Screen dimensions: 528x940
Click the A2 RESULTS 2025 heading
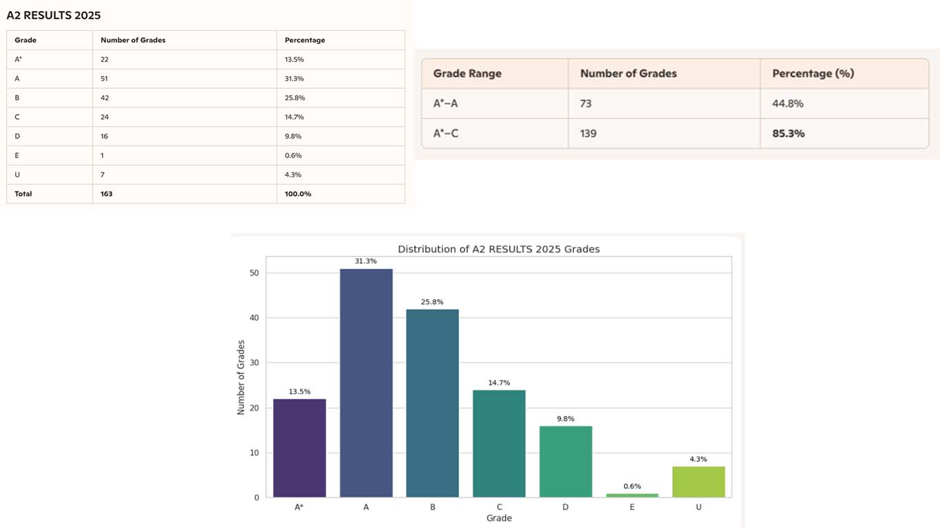tap(54, 15)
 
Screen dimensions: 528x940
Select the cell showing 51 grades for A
tap(105, 78)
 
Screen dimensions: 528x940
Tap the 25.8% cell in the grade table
tap(295, 98)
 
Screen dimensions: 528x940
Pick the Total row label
tap(23, 194)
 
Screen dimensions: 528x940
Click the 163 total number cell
tap(107, 194)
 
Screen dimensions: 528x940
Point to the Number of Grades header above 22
tap(133, 40)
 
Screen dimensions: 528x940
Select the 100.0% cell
tap(298, 194)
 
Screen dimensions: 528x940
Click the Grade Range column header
tap(467, 73)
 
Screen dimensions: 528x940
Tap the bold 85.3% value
tap(788, 133)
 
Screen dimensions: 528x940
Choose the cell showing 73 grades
tap(586, 104)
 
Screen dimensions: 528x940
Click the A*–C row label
tap(446, 133)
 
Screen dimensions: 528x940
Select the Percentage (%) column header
tap(813, 73)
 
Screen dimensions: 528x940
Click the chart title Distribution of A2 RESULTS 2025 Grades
tap(499, 249)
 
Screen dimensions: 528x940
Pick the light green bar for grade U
tap(698, 481)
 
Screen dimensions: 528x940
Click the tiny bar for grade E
tap(632, 495)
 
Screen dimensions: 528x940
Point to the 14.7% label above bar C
tap(499, 382)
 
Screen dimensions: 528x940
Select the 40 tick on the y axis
tap(255, 318)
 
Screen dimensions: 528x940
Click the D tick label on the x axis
tap(565, 507)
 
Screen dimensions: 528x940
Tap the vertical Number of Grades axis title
tap(241, 377)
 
